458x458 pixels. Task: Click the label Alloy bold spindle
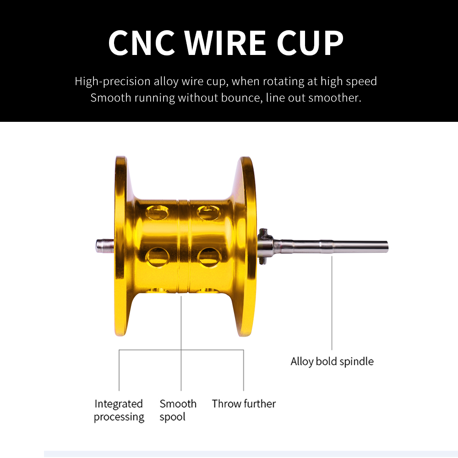tap(332, 361)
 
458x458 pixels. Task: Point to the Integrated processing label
tap(119, 410)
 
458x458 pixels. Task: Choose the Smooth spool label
tap(178, 410)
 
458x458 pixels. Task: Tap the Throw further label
tap(244, 404)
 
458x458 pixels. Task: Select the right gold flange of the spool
tap(247, 247)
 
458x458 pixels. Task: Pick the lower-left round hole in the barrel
tap(157, 256)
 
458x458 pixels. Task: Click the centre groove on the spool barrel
tap(184, 247)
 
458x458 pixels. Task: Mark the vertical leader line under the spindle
tap(332, 302)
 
